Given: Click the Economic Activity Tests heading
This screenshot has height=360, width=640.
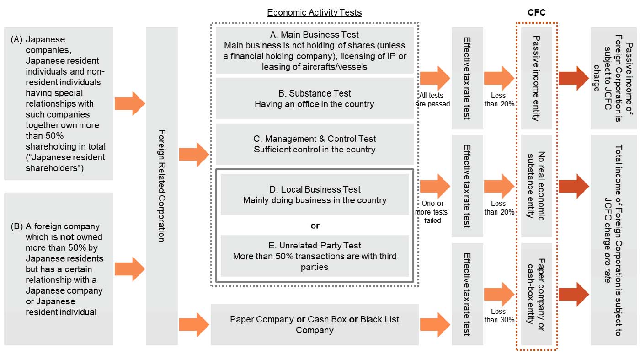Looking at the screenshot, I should point(314,12).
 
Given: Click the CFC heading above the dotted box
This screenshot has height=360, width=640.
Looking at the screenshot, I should point(536,12).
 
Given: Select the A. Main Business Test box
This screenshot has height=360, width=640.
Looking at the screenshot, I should point(315,50).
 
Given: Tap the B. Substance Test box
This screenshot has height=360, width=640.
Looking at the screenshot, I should point(315,98).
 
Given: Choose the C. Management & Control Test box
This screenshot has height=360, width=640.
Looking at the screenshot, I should point(315,144).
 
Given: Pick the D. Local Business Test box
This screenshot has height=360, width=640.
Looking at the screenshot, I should point(315,194).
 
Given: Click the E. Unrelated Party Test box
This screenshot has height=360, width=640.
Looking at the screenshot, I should point(315,256).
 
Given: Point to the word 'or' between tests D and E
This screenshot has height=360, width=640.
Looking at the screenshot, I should point(315,226).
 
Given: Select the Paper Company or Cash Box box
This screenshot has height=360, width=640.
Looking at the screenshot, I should point(315,324).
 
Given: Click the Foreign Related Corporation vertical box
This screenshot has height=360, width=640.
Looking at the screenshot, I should point(162,185).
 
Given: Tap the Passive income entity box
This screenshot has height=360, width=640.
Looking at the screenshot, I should point(537,78).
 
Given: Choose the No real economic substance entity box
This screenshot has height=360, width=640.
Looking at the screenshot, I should point(537,185).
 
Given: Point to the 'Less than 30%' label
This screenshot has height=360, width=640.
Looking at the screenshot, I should point(499,316).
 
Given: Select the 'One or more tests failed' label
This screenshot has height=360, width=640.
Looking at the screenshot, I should point(432,212).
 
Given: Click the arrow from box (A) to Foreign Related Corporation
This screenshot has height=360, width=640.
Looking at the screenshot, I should point(129,103).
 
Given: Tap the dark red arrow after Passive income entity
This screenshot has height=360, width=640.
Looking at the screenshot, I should point(574,78).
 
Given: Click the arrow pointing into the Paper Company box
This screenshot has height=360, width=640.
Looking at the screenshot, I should point(194,324).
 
